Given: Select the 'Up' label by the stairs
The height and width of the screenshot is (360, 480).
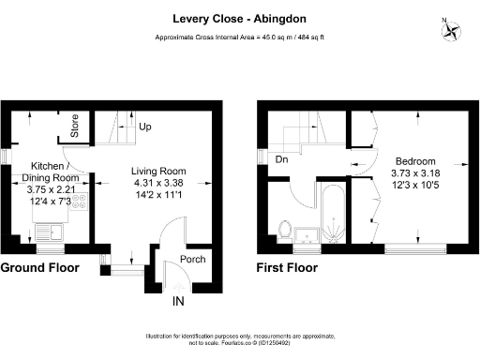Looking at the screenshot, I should tap(145, 126).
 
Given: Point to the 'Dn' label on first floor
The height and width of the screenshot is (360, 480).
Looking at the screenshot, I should tap(281, 159).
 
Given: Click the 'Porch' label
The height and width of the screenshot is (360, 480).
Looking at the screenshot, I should tap(191, 260).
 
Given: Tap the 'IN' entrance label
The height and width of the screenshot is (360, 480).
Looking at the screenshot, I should tap(177, 303).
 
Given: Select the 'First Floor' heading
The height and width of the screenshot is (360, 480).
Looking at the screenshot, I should tap(287, 268).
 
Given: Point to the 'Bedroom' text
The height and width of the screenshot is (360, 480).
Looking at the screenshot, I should tap(412, 160).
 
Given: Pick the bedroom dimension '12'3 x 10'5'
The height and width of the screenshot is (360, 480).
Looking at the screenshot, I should tap(412, 187).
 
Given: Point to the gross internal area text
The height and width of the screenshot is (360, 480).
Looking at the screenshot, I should tap(240, 37).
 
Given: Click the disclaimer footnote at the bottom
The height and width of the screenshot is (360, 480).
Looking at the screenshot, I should tap(240, 339).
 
